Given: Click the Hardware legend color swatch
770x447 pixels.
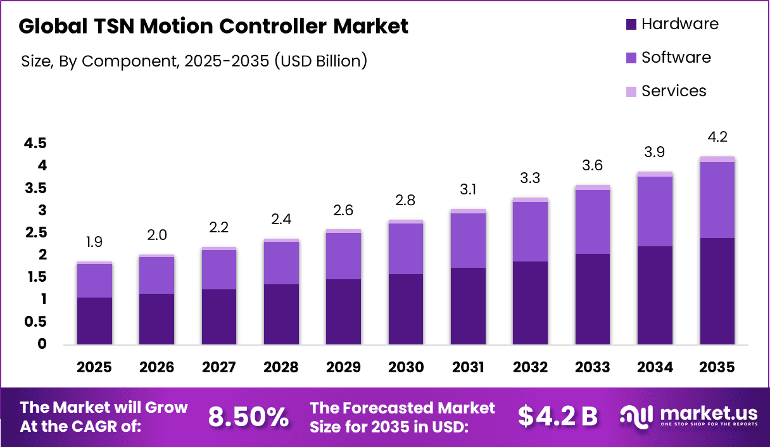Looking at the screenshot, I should pos(630,25).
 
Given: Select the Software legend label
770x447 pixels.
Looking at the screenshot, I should pos(676,58).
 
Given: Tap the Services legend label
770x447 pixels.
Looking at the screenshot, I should pos(674,91).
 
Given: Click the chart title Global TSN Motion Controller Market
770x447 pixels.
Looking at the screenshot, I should pos(213,26).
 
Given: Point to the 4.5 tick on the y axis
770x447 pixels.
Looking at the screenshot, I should pos(35,144).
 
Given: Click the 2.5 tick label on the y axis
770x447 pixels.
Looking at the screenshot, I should pos(35,233).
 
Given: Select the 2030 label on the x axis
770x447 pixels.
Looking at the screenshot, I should pos(406,367).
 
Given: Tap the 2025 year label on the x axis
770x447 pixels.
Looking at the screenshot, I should pos(94,367).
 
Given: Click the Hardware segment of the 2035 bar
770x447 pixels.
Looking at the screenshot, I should pos(717,291).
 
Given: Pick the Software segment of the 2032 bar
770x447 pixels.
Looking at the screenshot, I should pos(531,231).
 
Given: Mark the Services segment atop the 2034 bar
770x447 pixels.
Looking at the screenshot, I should pos(655,174).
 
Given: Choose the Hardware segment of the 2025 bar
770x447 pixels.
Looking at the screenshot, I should pos(94,321).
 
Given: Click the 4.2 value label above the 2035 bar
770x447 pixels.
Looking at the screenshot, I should pos(717,137).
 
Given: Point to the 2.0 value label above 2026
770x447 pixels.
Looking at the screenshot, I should pos(156,235).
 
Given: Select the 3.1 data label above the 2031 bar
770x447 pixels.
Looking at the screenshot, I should pos(469,188).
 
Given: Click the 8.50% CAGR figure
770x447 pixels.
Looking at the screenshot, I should pos(248,417).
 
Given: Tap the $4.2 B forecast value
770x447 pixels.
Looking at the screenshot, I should pos(557,417).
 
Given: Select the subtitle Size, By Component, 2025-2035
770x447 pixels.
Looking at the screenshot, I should pos(194,61).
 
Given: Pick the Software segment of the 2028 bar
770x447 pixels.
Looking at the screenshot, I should pos(281,263).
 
